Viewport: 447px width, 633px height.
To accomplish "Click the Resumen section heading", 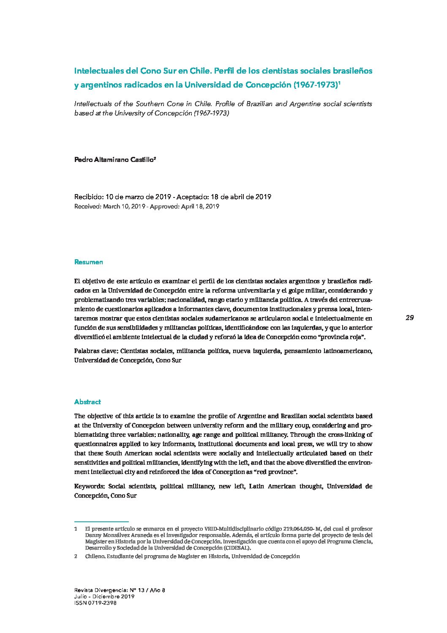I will pyautogui.click(x=88, y=262).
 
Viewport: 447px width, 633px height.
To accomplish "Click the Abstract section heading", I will pyautogui.click(x=87, y=402).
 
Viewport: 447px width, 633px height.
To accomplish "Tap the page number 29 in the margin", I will pyautogui.click(x=409, y=318).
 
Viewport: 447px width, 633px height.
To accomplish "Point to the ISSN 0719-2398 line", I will pyautogui.click(x=95, y=603).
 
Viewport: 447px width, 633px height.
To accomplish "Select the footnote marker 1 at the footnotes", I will pyautogui.click(x=76, y=529).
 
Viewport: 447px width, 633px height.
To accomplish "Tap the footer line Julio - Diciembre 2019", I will pyautogui.click(x=104, y=597).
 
